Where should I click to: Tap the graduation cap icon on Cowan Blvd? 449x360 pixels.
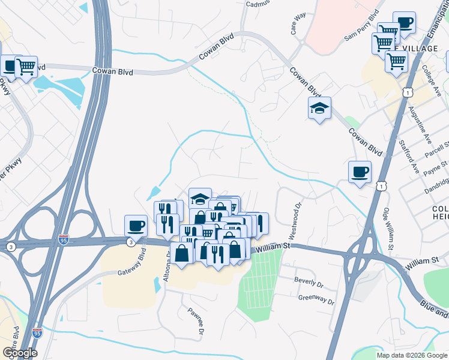pos(319,108)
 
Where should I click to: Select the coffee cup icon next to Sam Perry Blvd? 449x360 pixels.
pos(404,23)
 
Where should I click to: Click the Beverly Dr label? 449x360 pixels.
pos(309,280)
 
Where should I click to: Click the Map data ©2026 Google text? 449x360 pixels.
pos(412,355)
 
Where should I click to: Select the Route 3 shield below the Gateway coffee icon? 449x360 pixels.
pos(130,242)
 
